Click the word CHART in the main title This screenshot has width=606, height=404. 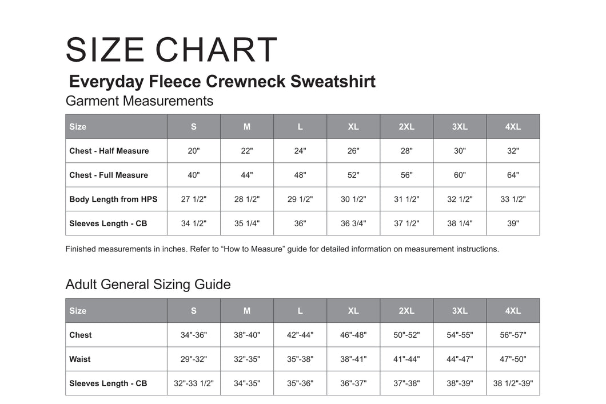(x=217, y=50)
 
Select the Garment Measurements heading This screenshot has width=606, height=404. (x=139, y=101)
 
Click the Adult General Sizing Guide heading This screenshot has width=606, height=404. (x=148, y=285)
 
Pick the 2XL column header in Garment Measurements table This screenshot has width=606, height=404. (x=406, y=127)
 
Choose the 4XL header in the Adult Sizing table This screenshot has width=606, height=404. (x=513, y=311)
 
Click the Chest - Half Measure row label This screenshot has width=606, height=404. (x=109, y=151)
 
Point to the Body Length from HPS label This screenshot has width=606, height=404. (x=113, y=199)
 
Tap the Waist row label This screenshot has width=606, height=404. (x=80, y=359)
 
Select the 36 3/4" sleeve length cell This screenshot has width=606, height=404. (x=353, y=223)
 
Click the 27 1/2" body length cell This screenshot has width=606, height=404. (x=194, y=199)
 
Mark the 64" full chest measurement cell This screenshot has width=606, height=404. (x=513, y=175)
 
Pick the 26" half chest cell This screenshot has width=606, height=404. (x=353, y=151)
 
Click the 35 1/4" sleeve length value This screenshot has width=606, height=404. (x=247, y=223)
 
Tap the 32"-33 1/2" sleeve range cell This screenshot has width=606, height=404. (x=194, y=383)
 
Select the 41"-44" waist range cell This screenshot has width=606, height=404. (x=406, y=359)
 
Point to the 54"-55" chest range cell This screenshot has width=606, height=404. (x=460, y=335)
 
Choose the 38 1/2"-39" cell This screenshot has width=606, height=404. (x=513, y=383)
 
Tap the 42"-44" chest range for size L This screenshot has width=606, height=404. (x=300, y=335)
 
